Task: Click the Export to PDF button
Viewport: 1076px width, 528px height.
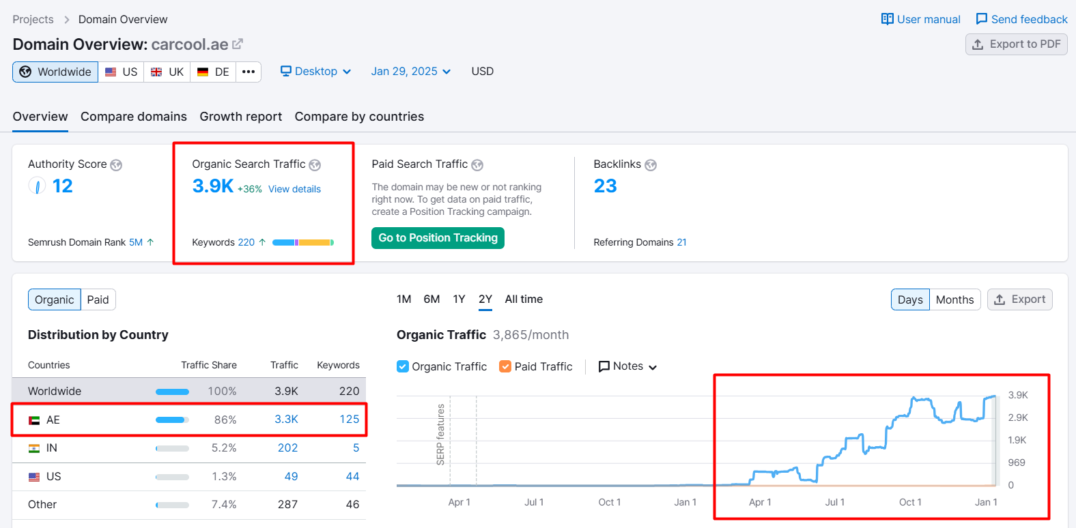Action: click(1017, 44)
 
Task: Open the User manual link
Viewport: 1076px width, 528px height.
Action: click(921, 19)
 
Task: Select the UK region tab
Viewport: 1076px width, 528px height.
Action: click(167, 72)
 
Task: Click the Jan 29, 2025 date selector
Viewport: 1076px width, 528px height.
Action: click(411, 72)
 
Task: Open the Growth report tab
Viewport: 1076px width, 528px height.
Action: click(240, 117)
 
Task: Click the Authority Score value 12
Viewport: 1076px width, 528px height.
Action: click(62, 186)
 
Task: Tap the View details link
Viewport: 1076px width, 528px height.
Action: click(294, 189)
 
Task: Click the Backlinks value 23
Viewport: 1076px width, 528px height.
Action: click(605, 186)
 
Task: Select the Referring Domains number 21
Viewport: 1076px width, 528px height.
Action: click(681, 242)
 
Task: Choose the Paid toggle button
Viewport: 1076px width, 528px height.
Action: click(98, 299)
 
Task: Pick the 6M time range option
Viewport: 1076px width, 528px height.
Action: click(431, 299)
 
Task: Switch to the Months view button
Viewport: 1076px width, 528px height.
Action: click(955, 299)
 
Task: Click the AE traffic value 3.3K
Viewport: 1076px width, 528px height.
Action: click(286, 419)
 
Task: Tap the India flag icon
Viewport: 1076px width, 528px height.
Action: click(34, 448)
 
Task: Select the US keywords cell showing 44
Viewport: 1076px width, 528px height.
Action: click(352, 476)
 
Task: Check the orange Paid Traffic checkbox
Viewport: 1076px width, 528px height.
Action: click(505, 367)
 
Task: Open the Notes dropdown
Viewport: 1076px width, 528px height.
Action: click(627, 366)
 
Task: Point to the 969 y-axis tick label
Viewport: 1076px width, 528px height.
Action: click(1017, 463)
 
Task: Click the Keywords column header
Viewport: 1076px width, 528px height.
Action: click(338, 365)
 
